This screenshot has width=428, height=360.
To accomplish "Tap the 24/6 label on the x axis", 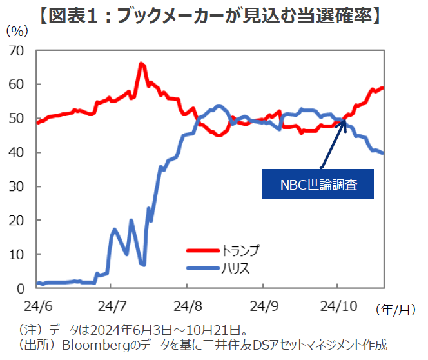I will (36, 303).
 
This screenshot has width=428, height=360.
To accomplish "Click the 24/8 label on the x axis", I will (186, 303).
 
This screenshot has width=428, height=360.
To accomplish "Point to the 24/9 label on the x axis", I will (262, 303).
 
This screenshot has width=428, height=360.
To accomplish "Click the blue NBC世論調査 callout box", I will (318, 184).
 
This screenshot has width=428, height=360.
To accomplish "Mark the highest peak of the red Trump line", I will (141, 64).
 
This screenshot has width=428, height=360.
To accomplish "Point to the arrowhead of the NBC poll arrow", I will (345, 123).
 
